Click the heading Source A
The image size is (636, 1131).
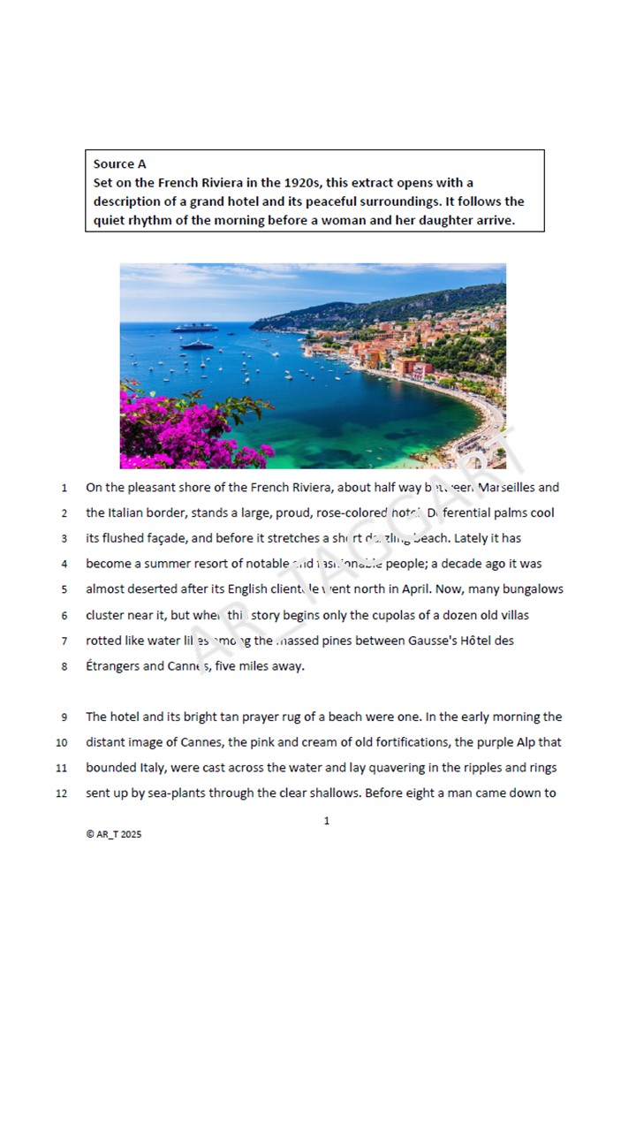[120, 163]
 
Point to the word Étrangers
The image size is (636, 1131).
[112, 666]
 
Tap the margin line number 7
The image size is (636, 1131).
[64, 641]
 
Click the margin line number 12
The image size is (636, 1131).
[62, 793]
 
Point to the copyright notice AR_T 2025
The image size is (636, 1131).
[114, 834]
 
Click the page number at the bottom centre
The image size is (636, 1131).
[327, 821]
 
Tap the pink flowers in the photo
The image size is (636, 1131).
[185, 433]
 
